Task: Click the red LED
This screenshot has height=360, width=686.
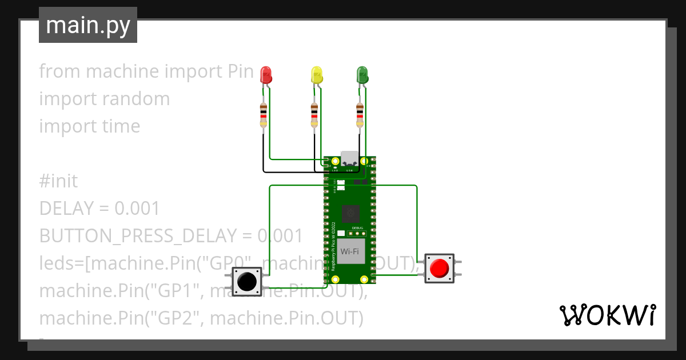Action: [266, 74]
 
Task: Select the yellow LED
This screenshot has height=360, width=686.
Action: [317, 74]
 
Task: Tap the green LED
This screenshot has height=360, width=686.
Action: [362, 74]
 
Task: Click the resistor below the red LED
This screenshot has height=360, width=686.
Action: [263, 115]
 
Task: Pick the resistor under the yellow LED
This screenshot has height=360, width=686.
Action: [314, 115]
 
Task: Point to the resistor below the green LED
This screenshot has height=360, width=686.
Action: [360, 115]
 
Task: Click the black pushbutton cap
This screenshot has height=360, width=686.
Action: [246, 281]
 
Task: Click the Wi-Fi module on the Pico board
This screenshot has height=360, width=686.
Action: [350, 251]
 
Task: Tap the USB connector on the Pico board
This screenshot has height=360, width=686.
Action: [349, 160]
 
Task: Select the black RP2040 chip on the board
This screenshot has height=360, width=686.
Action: [350, 214]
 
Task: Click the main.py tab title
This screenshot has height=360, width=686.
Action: [88, 26]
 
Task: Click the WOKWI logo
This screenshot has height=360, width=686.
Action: [607, 315]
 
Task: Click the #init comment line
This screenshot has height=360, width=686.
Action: [58, 181]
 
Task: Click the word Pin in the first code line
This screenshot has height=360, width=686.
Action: [237, 71]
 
